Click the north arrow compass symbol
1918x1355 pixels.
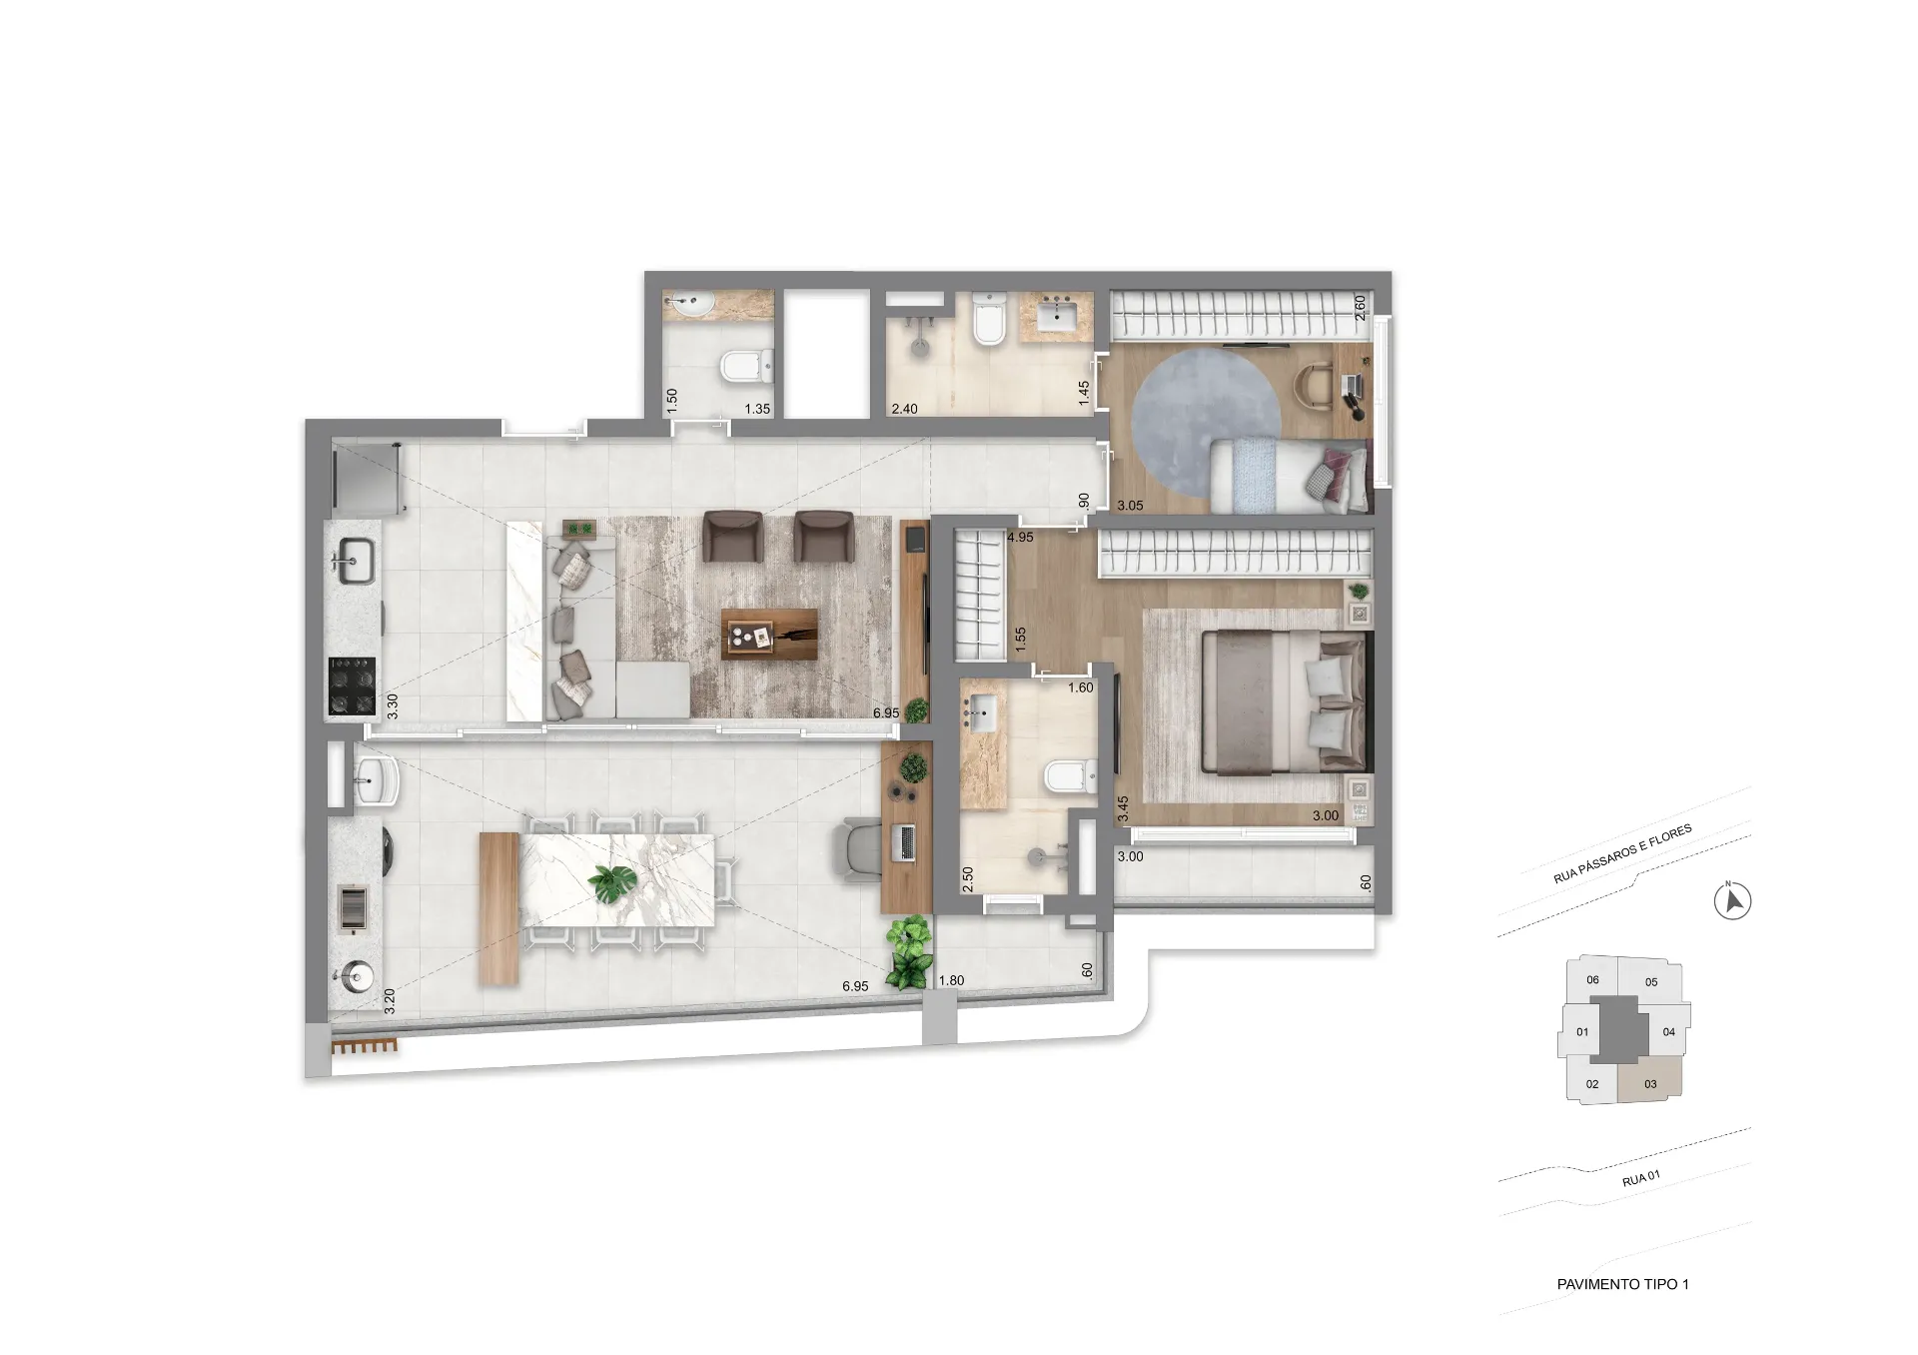click(1733, 902)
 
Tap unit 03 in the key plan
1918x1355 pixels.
click(1650, 1084)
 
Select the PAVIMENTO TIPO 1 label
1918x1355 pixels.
click(1622, 1284)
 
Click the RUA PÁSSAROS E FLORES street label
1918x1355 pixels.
click(1622, 854)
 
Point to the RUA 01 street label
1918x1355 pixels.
click(1641, 1179)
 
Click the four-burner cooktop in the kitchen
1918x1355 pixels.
click(351, 684)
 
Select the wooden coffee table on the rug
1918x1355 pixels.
click(769, 635)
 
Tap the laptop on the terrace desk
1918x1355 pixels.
click(907, 843)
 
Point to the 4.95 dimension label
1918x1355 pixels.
click(1021, 538)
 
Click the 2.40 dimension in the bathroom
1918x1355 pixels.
click(904, 409)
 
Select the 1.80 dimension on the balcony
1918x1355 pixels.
click(951, 981)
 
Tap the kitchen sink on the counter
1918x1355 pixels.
click(356, 560)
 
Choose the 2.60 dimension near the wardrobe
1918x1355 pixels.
click(1359, 307)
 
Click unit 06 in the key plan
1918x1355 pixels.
click(1592, 980)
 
